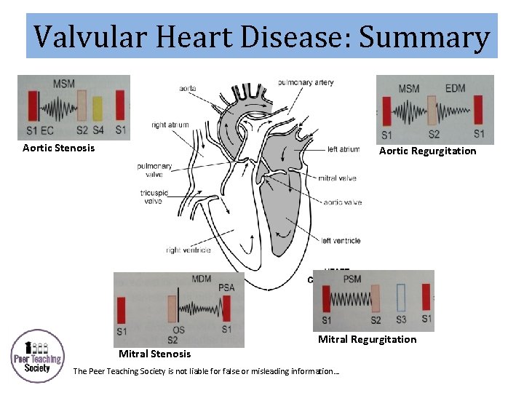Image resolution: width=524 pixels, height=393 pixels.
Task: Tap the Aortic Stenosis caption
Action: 58,148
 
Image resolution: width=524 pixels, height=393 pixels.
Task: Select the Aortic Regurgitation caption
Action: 427,151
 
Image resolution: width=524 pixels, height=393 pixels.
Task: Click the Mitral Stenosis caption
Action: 154,354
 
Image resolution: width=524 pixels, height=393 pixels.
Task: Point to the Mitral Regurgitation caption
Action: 367,339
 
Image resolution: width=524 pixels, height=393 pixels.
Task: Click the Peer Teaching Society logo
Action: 37,356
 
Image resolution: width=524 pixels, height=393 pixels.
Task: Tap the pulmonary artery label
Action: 306,82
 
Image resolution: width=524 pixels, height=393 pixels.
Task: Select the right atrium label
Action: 169,124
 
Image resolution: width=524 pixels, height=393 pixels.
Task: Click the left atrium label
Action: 343,149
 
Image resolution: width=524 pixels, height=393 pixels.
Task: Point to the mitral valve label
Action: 337,178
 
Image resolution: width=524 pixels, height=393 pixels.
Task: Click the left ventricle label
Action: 340,241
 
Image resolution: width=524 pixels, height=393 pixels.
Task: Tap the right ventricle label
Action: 188,250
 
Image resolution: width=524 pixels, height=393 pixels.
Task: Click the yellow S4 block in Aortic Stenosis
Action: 98,108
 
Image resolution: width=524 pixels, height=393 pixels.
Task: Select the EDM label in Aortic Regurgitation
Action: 455,89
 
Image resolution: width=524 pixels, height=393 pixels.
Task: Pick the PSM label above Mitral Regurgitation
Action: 352,279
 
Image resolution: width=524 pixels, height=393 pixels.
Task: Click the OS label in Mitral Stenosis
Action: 178,330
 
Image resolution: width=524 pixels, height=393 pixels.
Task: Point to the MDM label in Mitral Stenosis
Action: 202,279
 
